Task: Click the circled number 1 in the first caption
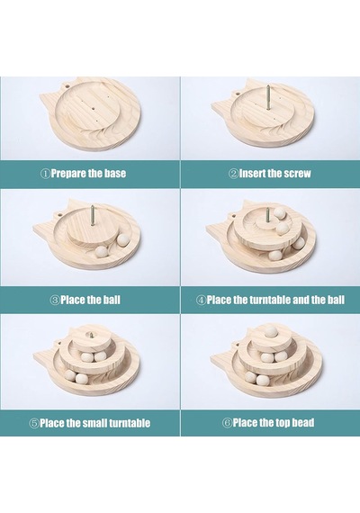click(45, 174)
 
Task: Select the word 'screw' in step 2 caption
click(297, 173)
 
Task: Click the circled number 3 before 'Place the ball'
click(55, 300)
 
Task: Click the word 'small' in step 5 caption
click(94, 423)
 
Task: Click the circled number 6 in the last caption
click(227, 423)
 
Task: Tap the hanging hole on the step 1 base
click(67, 86)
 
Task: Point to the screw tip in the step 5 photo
click(89, 335)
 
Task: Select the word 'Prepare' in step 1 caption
click(68, 174)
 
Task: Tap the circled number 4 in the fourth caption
click(201, 300)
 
